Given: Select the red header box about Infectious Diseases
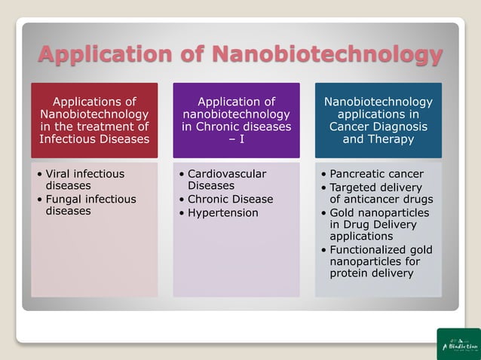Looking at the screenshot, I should (94, 121).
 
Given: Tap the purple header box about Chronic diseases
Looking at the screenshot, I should (236, 121).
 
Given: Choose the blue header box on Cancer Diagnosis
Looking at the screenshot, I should (378, 121).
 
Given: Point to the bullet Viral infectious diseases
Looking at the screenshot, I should (85, 179).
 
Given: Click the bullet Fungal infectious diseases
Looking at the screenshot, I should (90, 205).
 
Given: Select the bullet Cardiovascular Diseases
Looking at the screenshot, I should (226, 179).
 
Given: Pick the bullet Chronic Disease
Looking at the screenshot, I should (230, 199).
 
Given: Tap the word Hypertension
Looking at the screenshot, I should (223, 213).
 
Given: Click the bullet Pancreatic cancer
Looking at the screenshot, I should (376, 174).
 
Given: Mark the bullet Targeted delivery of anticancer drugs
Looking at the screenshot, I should (381, 193).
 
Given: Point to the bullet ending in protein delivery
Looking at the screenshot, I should (381, 261).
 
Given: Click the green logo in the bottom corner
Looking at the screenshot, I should (458, 343).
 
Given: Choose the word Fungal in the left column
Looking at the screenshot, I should (64, 199).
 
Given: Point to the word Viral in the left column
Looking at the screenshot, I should (60, 174).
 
